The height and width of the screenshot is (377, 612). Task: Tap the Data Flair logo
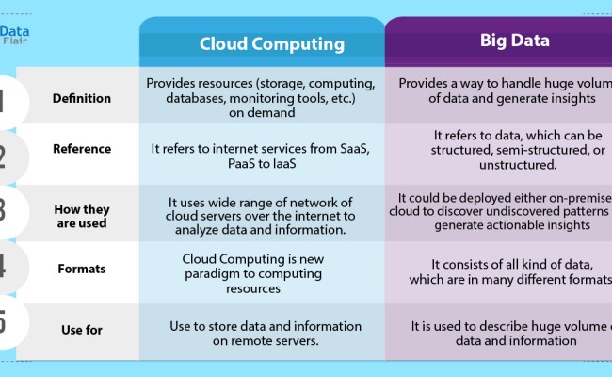coord(16,35)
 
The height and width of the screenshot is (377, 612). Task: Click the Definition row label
coord(81,98)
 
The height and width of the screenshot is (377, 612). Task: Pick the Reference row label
coord(81,149)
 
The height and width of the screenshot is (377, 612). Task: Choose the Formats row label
coord(81,268)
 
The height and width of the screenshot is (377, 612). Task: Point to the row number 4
coord(6,268)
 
